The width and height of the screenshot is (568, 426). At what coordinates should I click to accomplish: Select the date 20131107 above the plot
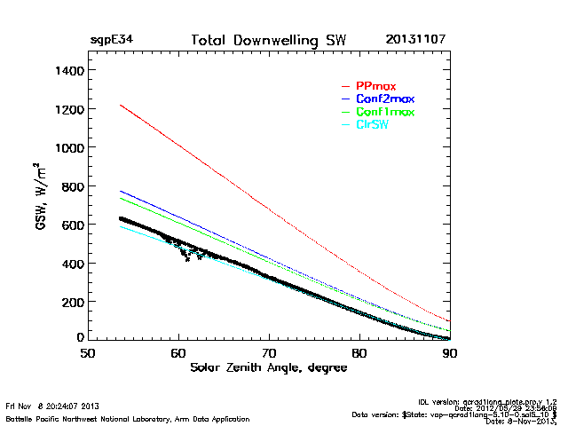point(416,40)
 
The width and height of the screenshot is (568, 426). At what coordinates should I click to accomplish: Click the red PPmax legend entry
point(375,85)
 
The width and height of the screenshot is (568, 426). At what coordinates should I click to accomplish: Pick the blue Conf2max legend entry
point(384,99)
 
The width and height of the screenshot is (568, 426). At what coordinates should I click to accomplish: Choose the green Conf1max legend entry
point(384,112)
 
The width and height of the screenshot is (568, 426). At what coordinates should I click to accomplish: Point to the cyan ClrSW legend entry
point(372,125)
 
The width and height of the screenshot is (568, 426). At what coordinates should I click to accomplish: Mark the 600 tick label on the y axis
point(71,225)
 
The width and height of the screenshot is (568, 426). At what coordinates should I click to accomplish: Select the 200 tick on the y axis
point(71,302)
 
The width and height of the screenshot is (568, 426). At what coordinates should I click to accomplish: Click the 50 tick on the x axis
point(88,352)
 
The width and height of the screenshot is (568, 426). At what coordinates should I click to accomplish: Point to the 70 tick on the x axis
point(269,352)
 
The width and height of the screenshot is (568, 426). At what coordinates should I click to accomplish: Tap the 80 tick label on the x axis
point(359,352)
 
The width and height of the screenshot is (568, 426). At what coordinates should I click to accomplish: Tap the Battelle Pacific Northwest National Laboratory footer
point(127,418)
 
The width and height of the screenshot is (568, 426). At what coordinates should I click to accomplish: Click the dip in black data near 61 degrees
point(187,258)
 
